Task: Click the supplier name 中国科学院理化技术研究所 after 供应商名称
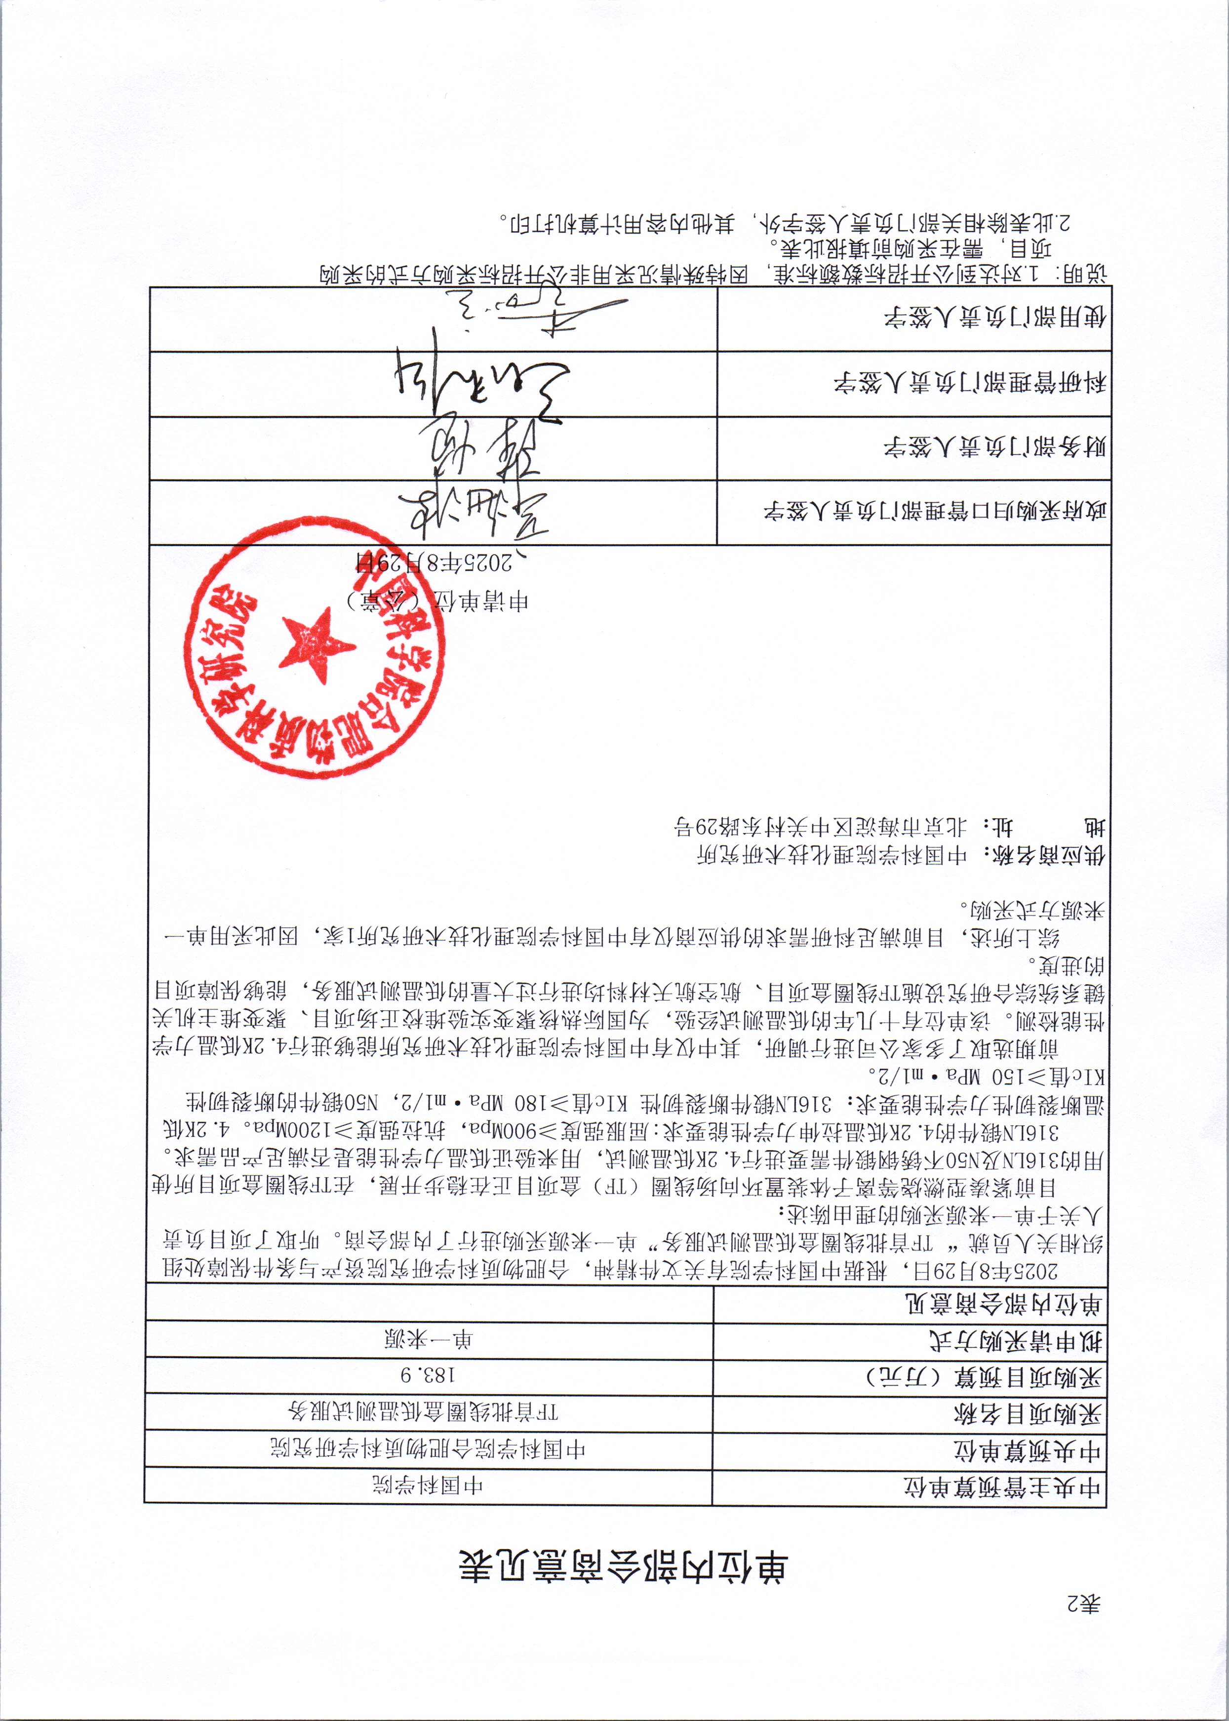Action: pyautogui.click(x=831, y=855)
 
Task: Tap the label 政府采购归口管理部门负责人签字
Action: pyautogui.click(x=935, y=513)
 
